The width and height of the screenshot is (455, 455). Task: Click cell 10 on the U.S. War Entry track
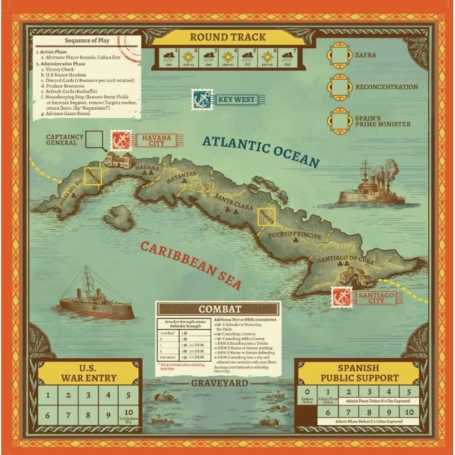pos(128,416)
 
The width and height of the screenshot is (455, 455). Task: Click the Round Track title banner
pos(227,37)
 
